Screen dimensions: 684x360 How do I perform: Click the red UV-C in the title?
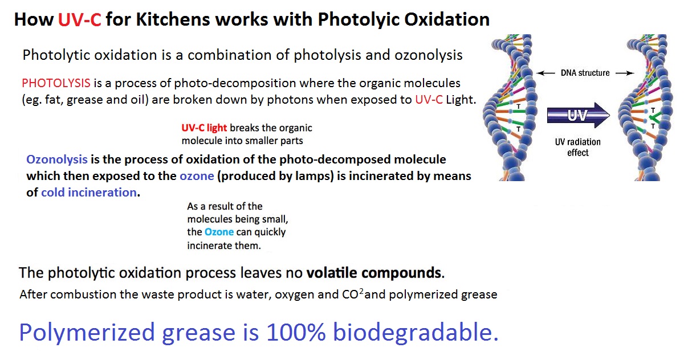(79, 19)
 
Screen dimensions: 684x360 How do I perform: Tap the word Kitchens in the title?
(173, 19)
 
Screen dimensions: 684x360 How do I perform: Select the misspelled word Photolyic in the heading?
(358, 20)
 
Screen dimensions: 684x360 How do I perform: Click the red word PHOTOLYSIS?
(56, 83)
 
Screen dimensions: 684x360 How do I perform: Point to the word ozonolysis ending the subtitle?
(429, 55)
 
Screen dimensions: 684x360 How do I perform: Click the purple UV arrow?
(579, 115)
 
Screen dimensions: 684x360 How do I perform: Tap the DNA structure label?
(585, 73)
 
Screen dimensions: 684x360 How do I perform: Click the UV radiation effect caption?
(578, 147)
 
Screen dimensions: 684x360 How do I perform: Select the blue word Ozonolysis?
(57, 159)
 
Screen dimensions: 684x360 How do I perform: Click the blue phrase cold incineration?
(89, 193)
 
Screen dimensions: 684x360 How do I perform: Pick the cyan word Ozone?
(219, 232)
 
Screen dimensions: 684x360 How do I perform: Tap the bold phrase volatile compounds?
(374, 272)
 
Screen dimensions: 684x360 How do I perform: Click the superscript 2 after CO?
(361, 291)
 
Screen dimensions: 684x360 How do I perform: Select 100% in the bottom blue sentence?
(296, 332)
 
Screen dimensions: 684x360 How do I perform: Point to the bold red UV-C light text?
(204, 128)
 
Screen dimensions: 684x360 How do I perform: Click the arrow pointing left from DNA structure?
(545, 73)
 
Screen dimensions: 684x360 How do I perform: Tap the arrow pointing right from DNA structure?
(625, 73)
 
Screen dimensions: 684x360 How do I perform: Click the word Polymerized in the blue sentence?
(87, 333)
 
